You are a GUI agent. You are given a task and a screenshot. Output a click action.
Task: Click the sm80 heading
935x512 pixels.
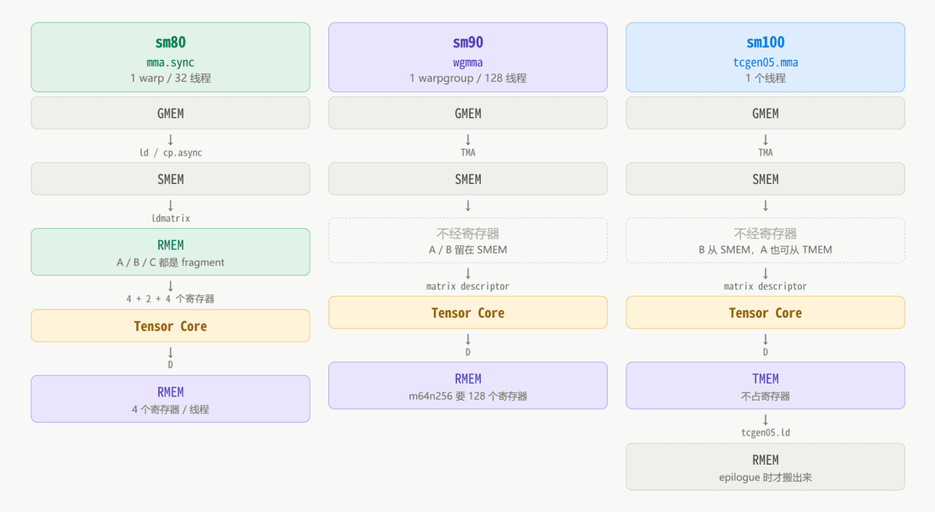[x=170, y=42]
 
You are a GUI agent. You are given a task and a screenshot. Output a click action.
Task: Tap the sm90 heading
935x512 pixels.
[x=468, y=42]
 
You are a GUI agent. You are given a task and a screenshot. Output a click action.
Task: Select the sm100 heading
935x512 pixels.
[x=765, y=42]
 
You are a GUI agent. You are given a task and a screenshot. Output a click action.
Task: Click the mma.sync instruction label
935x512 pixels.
[x=170, y=63]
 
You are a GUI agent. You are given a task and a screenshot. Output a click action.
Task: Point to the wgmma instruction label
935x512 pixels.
[x=468, y=63]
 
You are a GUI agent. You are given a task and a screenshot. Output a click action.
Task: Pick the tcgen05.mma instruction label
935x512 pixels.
[x=765, y=63]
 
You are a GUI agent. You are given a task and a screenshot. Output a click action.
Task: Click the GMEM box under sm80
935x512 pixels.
[x=170, y=113]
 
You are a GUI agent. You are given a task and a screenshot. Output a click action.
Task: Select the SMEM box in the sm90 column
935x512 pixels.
[x=468, y=179]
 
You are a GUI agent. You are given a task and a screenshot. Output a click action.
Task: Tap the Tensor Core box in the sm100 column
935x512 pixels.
[x=765, y=313]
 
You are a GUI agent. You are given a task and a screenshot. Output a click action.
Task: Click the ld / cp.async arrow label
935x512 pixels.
[x=170, y=152]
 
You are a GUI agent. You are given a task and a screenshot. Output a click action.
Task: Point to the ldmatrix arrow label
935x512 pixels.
[x=170, y=218]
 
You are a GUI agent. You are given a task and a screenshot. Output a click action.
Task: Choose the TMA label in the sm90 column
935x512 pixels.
[x=468, y=152]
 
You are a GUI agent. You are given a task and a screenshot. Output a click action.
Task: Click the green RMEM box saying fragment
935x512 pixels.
[x=170, y=252]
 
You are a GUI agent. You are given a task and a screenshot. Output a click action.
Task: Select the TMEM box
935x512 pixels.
[x=765, y=385]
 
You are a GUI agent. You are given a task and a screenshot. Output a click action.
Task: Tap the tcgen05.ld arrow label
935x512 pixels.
[x=765, y=433]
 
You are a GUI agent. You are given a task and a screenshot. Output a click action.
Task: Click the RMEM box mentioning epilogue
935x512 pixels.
[x=765, y=467]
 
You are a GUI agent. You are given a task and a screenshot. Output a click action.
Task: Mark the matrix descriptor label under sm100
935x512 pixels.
[x=765, y=286]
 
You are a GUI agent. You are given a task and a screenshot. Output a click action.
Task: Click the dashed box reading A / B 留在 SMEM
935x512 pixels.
[x=468, y=241]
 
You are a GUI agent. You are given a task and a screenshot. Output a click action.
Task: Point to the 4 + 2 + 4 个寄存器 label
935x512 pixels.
[x=170, y=299]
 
